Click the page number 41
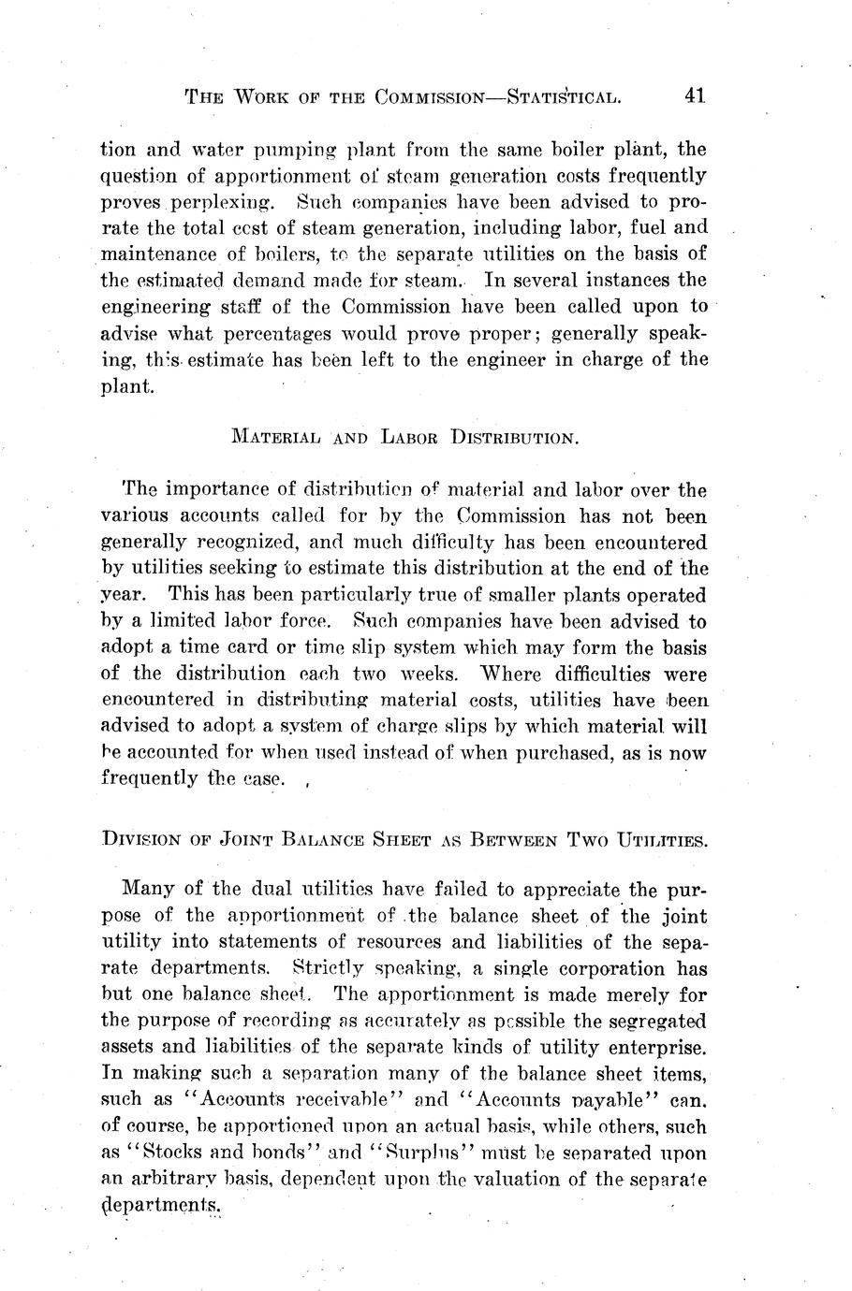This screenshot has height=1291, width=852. tap(694, 94)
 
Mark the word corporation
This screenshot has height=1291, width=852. tap(594, 968)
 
